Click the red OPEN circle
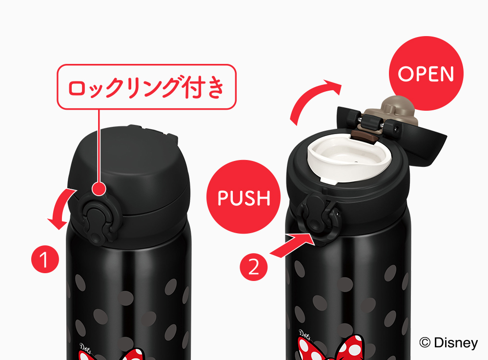(x=427, y=73)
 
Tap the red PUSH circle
(x=244, y=197)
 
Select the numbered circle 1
(x=45, y=259)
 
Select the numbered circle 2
(x=254, y=267)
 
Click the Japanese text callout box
(x=146, y=87)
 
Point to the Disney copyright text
(x=448, y=342)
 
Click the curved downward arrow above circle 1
(x=61, y=207)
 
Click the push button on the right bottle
(x=315, y=218)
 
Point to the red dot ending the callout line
(x=99, y=189)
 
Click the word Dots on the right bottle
(x=305, y=334)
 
